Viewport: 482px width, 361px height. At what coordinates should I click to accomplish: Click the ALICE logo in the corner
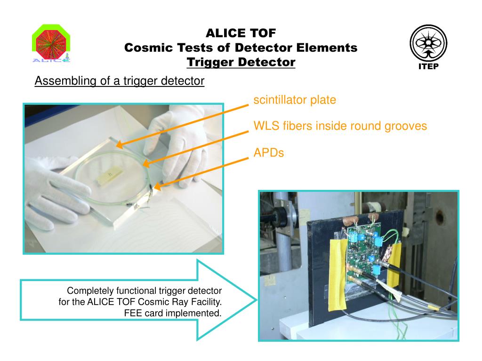tap(51, 44)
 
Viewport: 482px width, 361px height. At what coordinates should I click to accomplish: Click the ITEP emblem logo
tap(428, 43)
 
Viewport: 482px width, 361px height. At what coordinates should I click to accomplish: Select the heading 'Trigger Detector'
tap(241, 62)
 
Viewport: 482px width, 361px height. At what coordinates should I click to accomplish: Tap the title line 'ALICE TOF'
tap(241, 33)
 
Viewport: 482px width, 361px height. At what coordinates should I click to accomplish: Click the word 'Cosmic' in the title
tap(150, 47)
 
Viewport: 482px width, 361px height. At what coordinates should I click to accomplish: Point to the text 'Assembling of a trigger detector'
tap(120, 81)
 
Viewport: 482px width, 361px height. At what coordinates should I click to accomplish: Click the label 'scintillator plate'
tap(295, 100)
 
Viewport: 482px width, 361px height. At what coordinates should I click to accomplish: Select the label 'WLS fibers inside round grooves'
tap(340, 126)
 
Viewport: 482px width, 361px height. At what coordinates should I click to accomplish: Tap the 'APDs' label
tap(269, 152)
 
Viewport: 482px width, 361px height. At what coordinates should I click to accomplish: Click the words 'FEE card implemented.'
tap(173, 313)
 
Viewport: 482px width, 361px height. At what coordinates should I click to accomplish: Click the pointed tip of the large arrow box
tap(255, 300)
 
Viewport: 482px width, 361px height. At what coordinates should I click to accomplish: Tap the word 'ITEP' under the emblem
tap(428, 66)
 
